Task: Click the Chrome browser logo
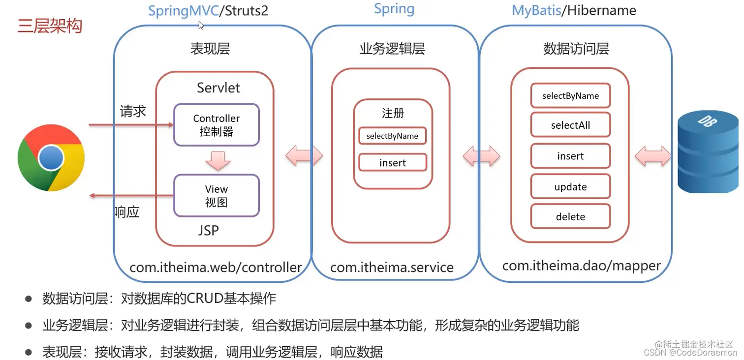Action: [x=51, y=158]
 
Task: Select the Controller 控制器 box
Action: [x=217, y=125]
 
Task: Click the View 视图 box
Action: [x=217, y=196]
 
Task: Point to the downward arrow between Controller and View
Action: [x=217, y=160]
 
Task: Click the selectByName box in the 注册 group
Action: [x=392, y=136]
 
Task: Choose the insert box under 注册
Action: [x=392, y=163]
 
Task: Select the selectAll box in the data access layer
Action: [x=570, y=125]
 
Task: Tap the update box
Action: [x=570, y=187]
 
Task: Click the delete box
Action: [x=570, y=217]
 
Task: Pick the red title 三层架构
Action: [x=50, y=26]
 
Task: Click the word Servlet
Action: [x=218, y=88]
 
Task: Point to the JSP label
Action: [x=209, y=230]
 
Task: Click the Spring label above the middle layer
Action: [x=394, y=9]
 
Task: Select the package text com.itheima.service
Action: [x=392, y=268]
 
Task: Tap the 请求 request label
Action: [x=133, y=111]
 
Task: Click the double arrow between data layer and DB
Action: [x=653, y=157]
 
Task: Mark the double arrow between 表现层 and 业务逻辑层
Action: [x=304, y=157]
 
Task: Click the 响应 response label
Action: [x=127, y=212]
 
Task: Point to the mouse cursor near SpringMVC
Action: [x=201, y=25]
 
